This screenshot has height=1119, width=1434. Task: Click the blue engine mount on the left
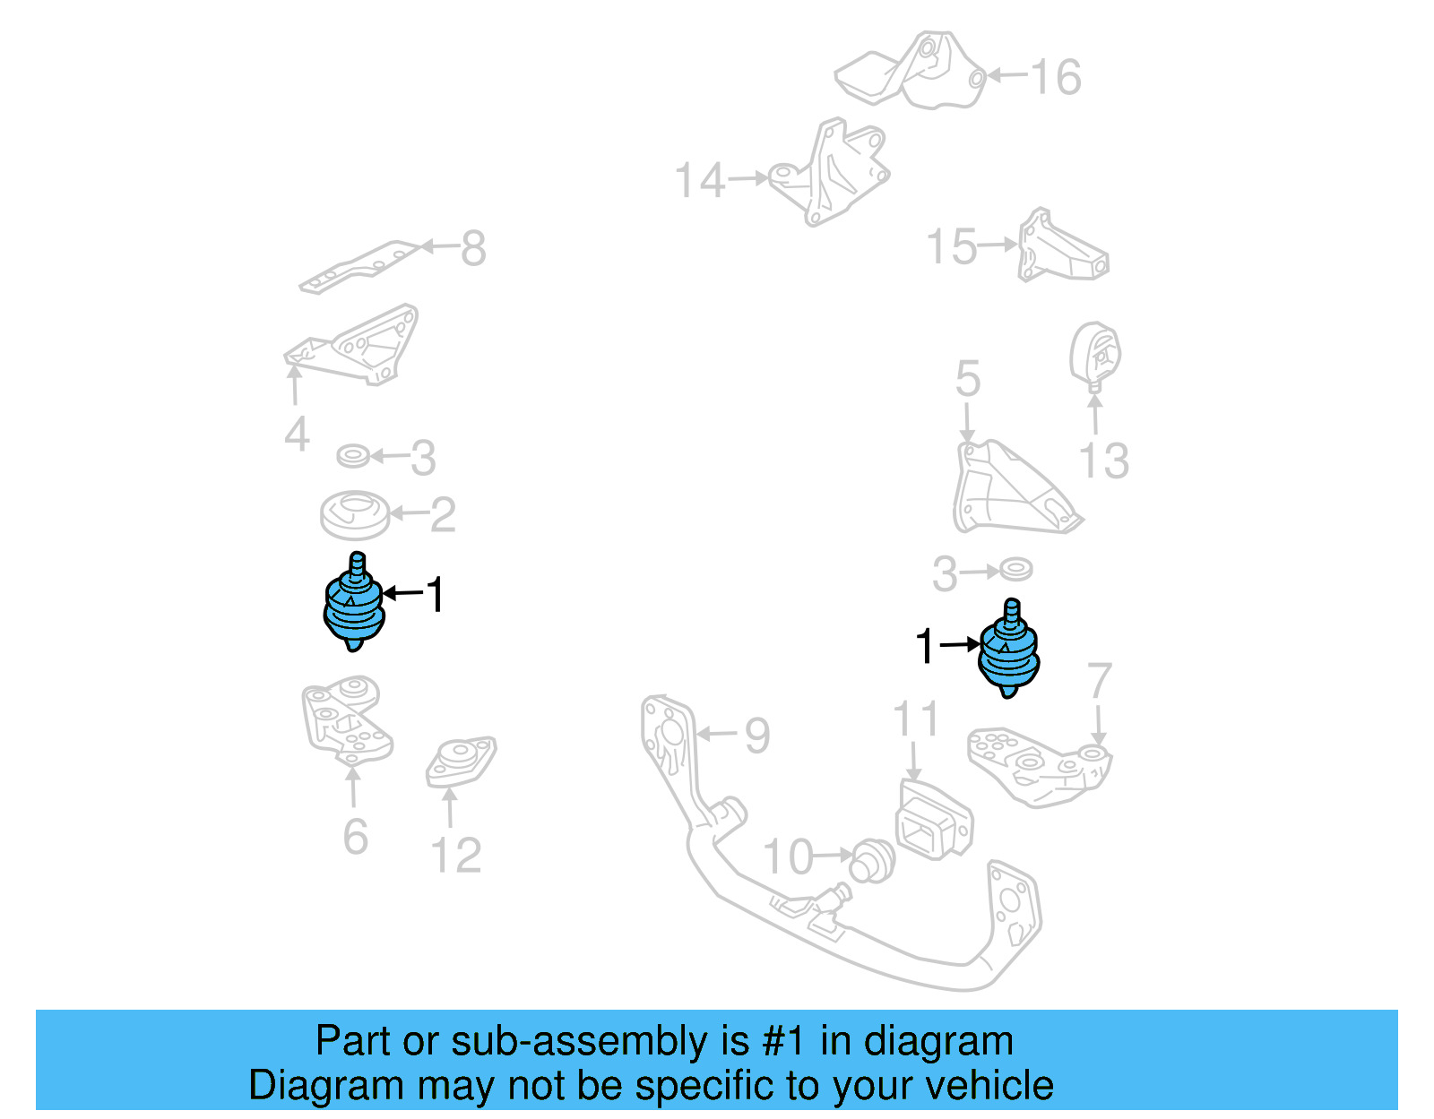pyautogui.click(x=354, y=605)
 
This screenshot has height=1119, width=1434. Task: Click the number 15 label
pyautogui.click(x=951, y=246)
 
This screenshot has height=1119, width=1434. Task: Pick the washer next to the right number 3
pyautogui.click(x=1015, y=569)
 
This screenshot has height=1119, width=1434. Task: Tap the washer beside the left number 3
pyautogui.click(x=353, y=456)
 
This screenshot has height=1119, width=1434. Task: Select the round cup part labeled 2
pyautogui.click(x=355, y=514)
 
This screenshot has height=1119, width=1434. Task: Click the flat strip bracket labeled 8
pyautogui.click(x=358, y=266)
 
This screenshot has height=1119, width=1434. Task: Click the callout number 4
pyautogui.click(x=297, y=435)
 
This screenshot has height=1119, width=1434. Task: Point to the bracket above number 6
pyautogui.click(x=345, y=722)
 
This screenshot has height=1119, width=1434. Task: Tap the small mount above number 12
pyautogui.click(x=461, y=762)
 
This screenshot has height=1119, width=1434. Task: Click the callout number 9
pyautogui.click(x=757, y=736)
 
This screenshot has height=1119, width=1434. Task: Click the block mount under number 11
pyautogui.click(x=933, y=821)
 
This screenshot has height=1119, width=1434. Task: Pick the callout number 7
pyautogui.click(x=1099, y=682)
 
